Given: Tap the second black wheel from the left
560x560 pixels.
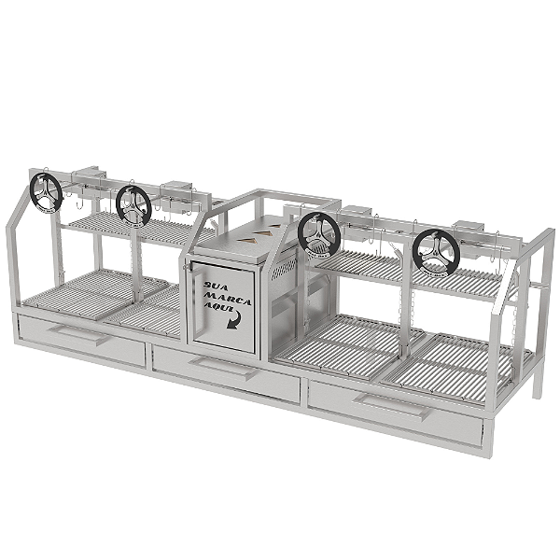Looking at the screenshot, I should [133, 203].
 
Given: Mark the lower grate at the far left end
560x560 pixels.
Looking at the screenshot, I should [75, 293].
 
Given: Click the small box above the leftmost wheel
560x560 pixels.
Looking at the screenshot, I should [89, 176].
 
